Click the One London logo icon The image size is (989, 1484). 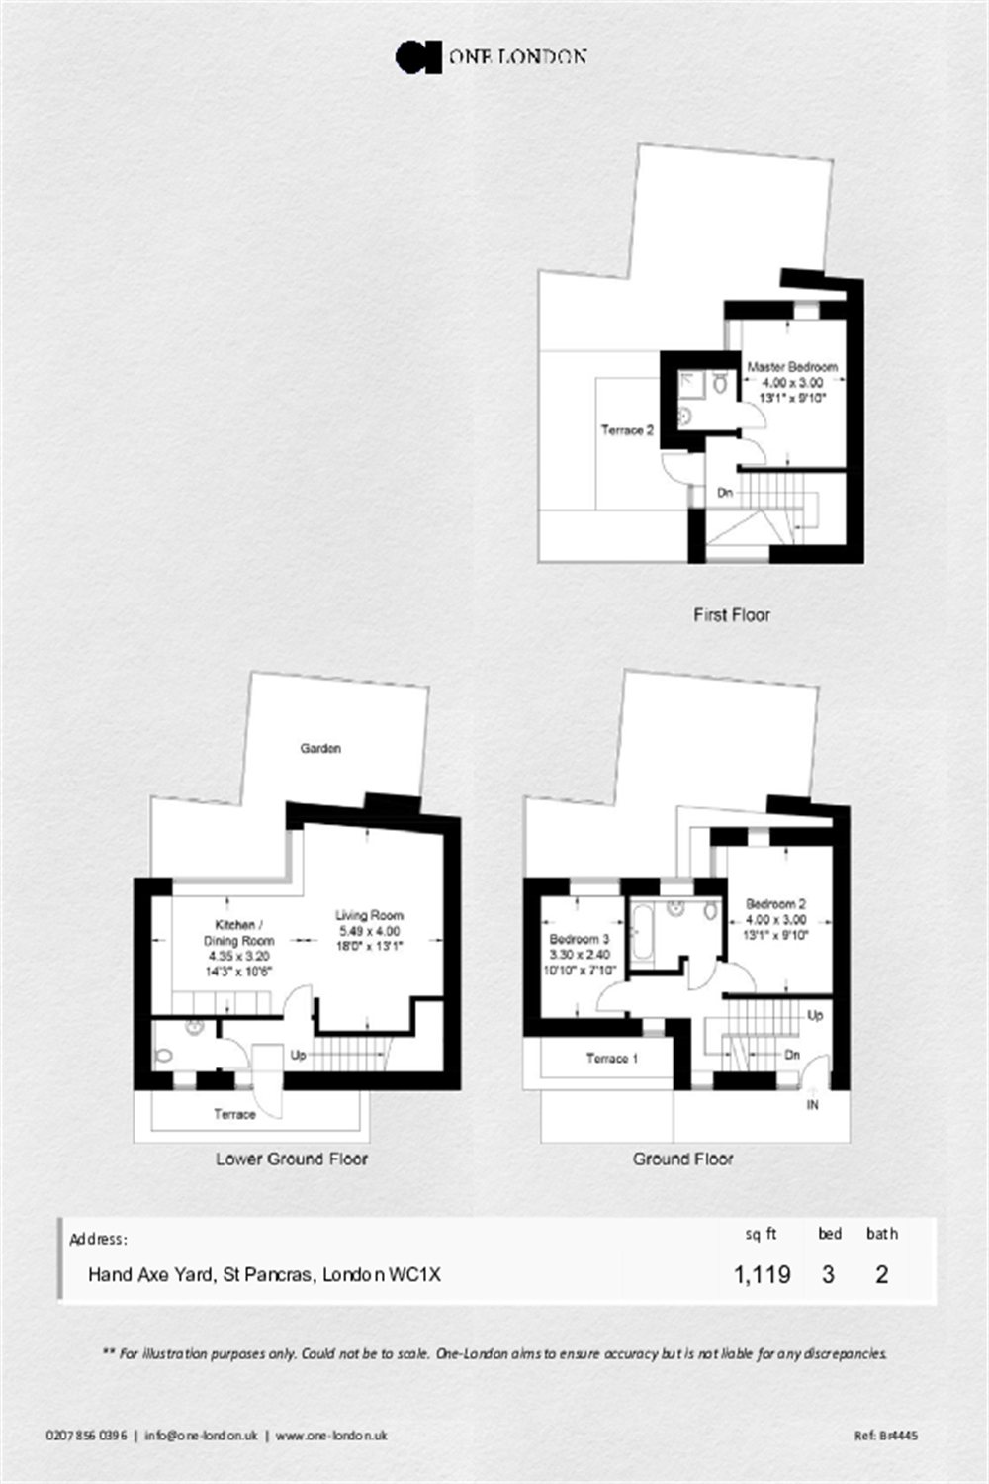coord(418,57)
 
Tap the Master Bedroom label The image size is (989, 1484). coord(792,366)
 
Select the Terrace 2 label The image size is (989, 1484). coord(627,430)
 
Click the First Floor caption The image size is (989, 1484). coord(732,615)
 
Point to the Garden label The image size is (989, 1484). coord(320,748)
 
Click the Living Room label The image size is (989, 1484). coord(369,915)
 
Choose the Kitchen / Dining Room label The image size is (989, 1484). coord(238,933)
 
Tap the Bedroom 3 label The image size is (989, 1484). coord(579,939)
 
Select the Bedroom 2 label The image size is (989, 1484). coord(775,903)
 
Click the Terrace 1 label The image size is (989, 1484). coord(611,1058)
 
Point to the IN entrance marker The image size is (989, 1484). coord(813,1105)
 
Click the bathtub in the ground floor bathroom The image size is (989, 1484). coord(641,932)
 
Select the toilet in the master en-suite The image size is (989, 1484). coord(720,382)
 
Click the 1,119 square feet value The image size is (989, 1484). coord(762,1274)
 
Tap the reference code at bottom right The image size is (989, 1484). coord(886,1436)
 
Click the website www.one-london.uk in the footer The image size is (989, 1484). coord(331,1436)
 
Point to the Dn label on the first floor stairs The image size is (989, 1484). coord(725,493)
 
